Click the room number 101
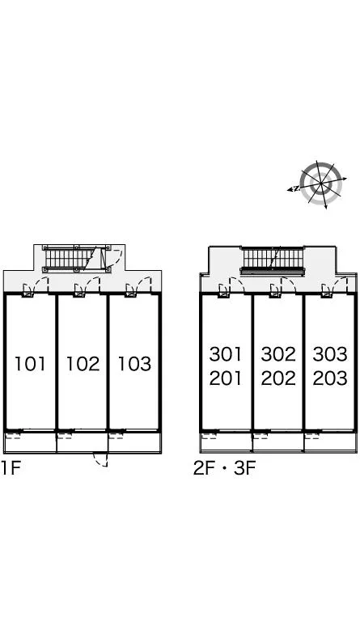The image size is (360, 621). [30, 364]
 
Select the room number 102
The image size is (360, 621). [83, 364]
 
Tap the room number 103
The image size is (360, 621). [134, 364]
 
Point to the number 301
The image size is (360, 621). [226, 353]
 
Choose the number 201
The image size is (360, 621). [226, 378]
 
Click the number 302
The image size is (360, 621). [278, 353]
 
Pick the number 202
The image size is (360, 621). [278, 378]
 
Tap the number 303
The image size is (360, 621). [330, 353]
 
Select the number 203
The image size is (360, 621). [330, 378]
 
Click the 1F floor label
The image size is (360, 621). [11, 467]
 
